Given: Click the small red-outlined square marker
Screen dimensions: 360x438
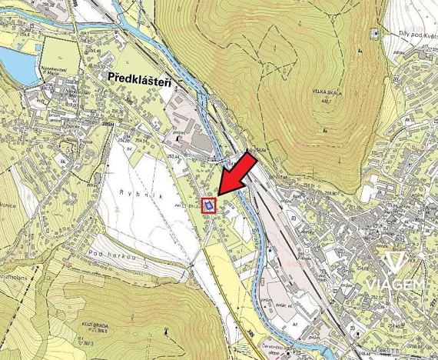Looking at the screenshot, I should coord(208,205).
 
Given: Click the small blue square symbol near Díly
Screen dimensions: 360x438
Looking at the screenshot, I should coord(374,33).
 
